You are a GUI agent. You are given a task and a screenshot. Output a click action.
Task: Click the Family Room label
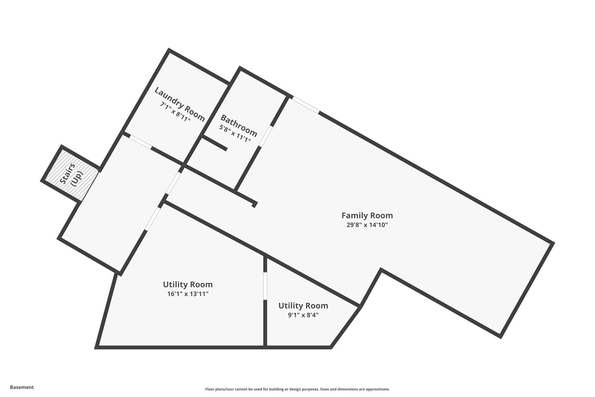[367, 216]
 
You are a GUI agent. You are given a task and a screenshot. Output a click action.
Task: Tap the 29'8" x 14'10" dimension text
[367, 225]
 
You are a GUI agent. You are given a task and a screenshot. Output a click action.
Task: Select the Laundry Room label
[179, 104]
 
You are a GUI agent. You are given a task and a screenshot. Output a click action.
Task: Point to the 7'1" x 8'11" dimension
[175, 112]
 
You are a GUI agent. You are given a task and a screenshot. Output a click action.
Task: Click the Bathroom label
[239, 126]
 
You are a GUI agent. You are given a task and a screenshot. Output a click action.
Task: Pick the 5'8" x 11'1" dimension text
[235, 133]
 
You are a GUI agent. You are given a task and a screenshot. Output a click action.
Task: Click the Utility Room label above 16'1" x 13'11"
[188, 284]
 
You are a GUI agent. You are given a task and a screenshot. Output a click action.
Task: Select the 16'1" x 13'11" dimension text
[188, 294]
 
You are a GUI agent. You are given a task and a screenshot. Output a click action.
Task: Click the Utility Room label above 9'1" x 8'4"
[303, 306]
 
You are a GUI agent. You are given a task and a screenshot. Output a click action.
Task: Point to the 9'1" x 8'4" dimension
[303, 315]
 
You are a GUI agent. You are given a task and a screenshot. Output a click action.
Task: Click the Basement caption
[22, 387]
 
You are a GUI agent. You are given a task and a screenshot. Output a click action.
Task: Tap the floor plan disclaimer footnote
[297, 389]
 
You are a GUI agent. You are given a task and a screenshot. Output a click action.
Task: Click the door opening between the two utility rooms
[265, 286]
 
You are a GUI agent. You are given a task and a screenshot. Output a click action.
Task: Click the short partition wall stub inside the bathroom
[214, 143]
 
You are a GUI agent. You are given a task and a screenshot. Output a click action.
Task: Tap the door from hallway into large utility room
[152, 218]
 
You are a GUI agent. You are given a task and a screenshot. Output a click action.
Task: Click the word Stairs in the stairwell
[68, 174]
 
